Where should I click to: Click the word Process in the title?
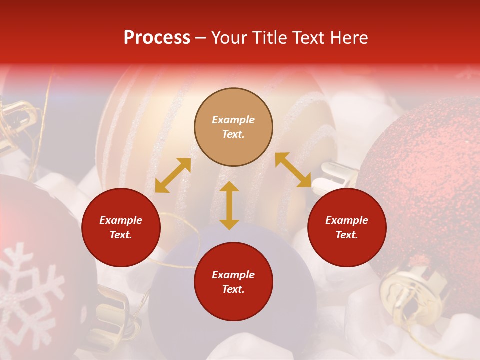pyautogui.click(x=157, y=37)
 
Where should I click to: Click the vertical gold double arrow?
pyautogui.click(x=229, y=205)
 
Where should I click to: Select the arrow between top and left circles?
pyautogui.click(x=173, y=175)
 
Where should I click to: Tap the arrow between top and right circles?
pyautogui.click(x=293, y=170)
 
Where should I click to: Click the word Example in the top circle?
pyautogui.click(x=233, y=120)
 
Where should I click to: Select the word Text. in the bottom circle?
pyautogui.click(x=233, y=289)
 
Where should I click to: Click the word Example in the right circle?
pyautogui.click(x=347, y=220)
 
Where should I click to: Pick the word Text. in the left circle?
pyautogui.click(x=121, y=235)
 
